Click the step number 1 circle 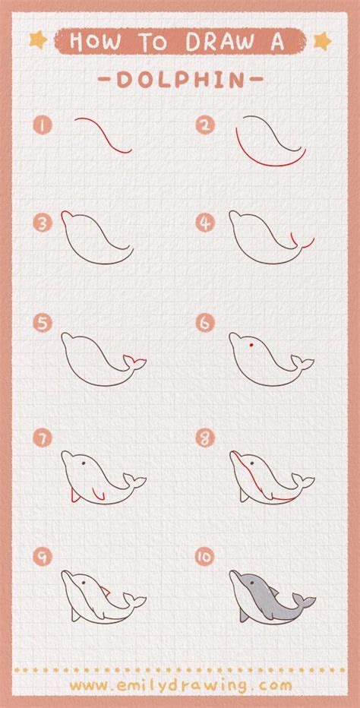43,125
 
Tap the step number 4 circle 204,223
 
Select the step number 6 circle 204,324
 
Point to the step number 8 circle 204,438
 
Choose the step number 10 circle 204,557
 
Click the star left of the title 38,40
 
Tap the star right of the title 323,41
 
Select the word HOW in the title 95,42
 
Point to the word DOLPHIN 181,81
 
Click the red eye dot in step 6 251,345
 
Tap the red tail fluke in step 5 135,362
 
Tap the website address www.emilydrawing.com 181,686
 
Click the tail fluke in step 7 134,482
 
